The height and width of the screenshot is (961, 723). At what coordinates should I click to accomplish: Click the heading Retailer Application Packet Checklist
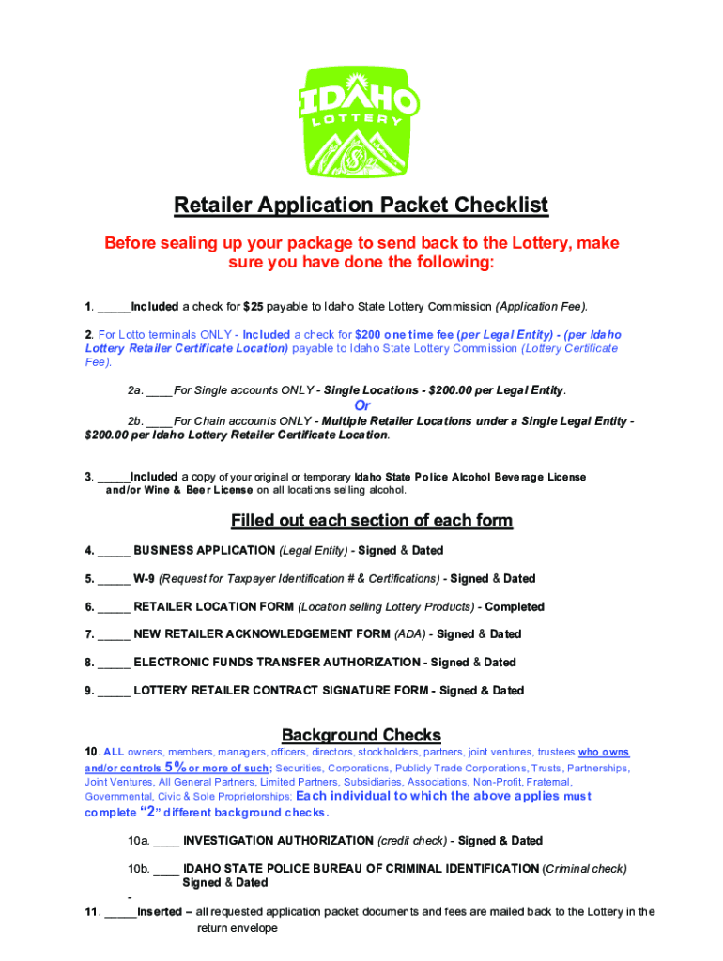(x=361, y=205)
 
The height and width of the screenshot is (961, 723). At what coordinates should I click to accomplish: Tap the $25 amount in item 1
(x=253, y=307)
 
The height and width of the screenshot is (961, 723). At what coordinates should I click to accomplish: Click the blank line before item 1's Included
(x=114, y=308)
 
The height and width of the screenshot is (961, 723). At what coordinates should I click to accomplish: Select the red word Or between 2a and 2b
(x=361, y=405)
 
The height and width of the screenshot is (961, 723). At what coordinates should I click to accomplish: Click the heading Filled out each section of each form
(x=372, y=521)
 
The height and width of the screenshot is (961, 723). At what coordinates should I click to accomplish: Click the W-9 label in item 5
(x=144, y=578)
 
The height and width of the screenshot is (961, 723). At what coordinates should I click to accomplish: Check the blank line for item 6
(x=114, y=607)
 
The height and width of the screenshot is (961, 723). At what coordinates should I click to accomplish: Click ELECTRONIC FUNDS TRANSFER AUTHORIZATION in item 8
(x=277, y=663)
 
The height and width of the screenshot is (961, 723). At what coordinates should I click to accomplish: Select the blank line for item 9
(x=114, y=692)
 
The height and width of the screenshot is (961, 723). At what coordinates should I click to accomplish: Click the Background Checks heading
(x=361, y=735)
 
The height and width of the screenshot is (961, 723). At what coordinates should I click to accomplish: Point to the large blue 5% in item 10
(x=176, y=767)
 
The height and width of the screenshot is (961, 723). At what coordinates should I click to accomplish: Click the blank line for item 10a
(x=166, y=842)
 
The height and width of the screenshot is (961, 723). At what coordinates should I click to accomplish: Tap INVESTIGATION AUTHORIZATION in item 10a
(x=278, y=841)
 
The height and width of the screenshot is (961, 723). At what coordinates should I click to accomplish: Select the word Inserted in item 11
(x=161, y=911)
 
